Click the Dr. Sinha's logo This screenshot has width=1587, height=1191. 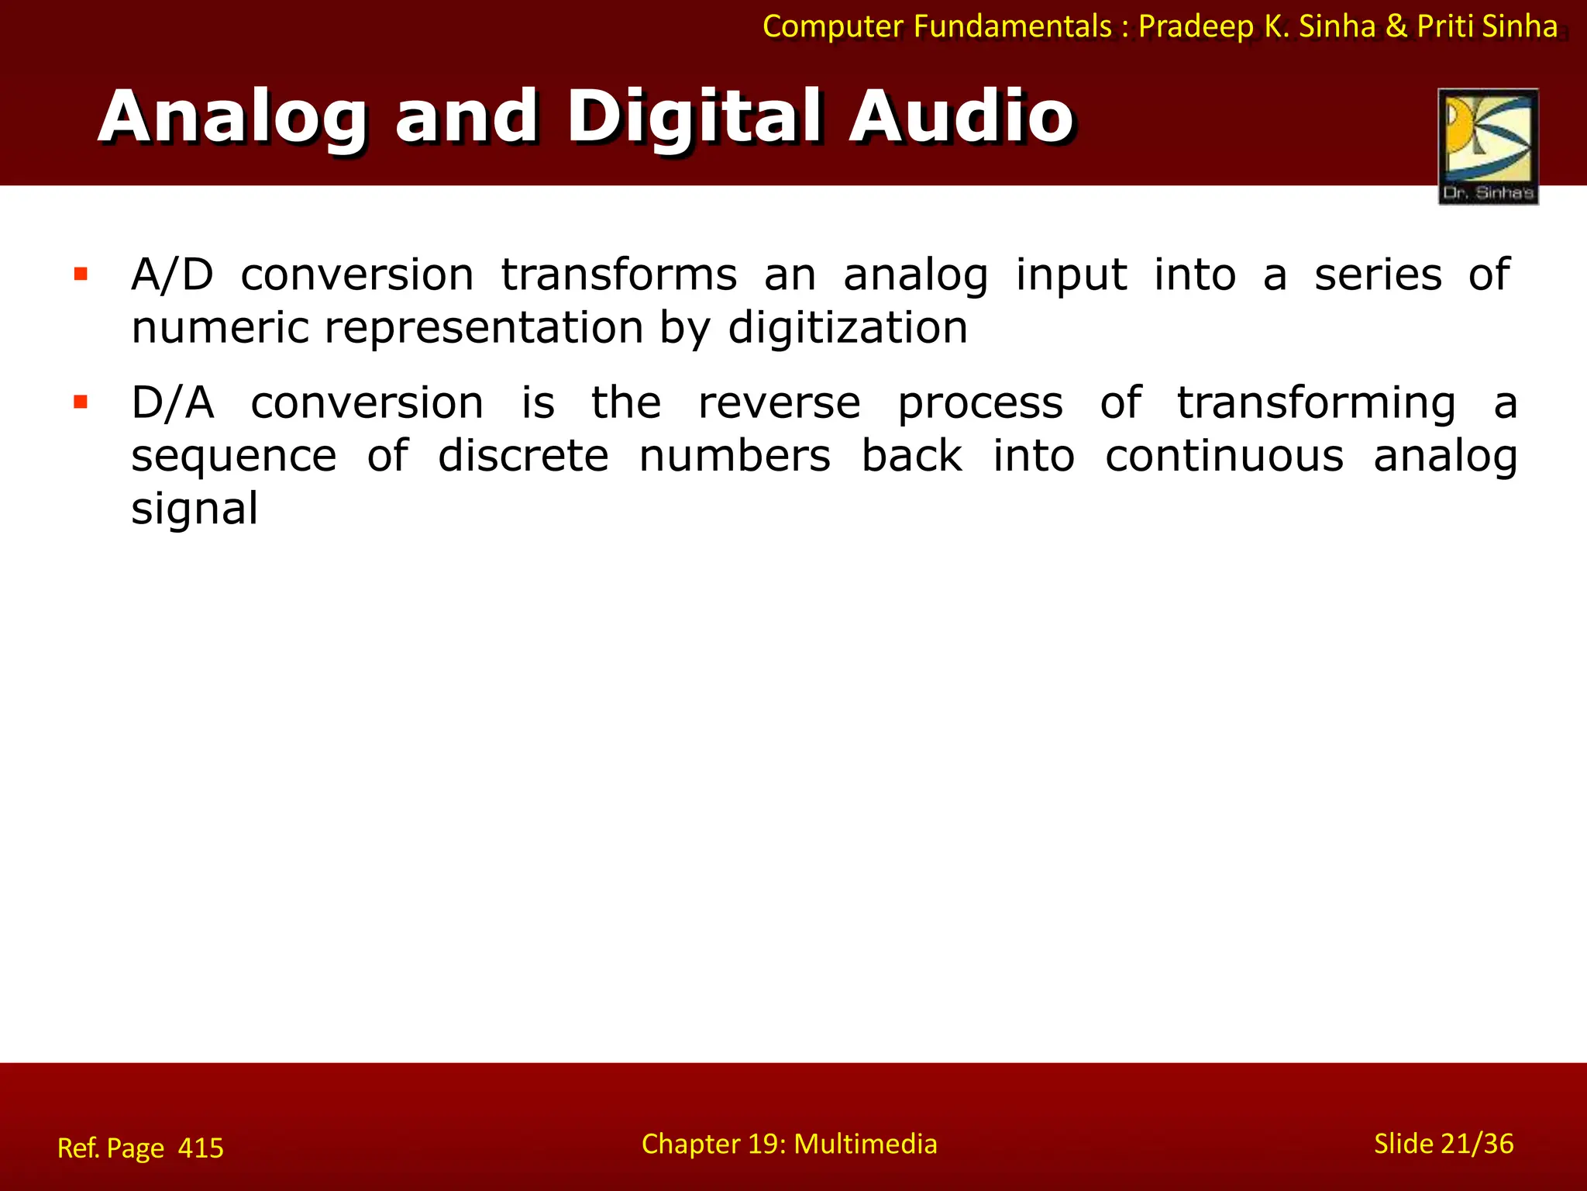1488,146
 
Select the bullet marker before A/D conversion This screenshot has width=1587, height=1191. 81,274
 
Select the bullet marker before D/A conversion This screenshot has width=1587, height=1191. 81,402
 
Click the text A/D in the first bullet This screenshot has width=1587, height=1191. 172,275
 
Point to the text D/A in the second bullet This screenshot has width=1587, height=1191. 172,403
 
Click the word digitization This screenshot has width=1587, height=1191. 848,328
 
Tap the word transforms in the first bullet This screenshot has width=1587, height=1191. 618,275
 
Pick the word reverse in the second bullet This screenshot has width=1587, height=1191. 779,403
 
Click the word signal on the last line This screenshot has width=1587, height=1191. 194,509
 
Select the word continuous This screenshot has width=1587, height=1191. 1224,456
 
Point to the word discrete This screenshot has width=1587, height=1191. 523,456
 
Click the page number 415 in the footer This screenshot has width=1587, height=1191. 201,1148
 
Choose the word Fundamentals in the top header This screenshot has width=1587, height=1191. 1012,26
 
